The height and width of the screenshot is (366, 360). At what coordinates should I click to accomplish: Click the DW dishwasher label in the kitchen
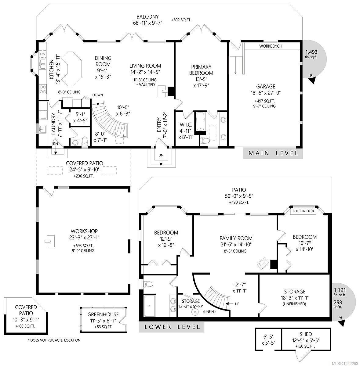(43, 54)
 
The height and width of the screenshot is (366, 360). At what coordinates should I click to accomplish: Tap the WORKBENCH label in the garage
(271, 46)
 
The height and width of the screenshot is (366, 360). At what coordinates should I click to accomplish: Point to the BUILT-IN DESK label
(303, 211)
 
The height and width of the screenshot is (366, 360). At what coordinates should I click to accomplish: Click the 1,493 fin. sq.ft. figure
(311, 54)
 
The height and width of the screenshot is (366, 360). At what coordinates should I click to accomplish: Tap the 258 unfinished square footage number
(338, 302)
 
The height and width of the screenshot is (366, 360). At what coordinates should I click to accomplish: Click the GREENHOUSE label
(103, 314)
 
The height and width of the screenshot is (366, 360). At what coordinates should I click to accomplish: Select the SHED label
(306, 339)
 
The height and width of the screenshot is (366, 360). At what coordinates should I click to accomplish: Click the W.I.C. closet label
(186, 125)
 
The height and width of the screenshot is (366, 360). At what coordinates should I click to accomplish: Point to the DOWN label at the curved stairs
(98, 95)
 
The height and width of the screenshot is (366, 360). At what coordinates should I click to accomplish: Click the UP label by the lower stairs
(237, 304)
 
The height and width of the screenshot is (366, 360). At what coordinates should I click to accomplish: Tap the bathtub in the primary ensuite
(200, 122)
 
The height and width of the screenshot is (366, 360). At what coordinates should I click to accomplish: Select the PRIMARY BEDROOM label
(201, 70)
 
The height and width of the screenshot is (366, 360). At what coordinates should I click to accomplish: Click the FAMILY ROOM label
(236, 238)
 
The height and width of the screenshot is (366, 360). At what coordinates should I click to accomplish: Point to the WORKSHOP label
(84, 231)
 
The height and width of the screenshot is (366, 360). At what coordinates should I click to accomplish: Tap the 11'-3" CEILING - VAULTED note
(145, 82)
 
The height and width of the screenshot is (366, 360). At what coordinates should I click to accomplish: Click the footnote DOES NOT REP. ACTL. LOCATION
(54, 340)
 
